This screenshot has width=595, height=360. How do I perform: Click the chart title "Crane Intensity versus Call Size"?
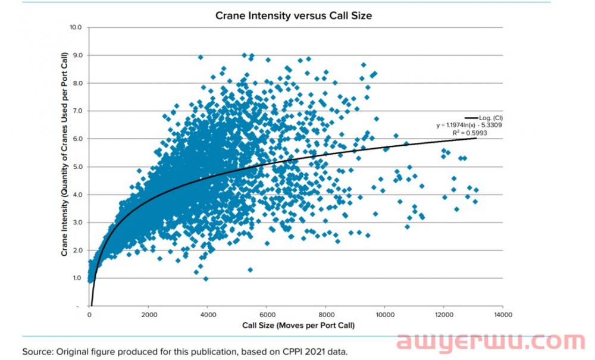click(293, 16)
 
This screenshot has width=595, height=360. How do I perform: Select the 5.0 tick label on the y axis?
click(77, 167)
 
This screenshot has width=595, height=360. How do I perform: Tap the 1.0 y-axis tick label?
click(77, 278)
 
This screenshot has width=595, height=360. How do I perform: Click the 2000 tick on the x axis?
click(149, 315)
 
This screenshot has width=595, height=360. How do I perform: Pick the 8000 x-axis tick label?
click(325, 315)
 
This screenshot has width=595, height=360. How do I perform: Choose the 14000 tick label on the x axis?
click(503, 315)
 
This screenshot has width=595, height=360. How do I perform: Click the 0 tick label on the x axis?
click(89, 315)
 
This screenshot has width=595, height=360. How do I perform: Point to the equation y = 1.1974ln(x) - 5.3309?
click(469, 125)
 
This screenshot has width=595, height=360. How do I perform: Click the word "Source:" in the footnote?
click(38, 352)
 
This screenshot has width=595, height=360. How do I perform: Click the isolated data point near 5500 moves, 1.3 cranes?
click(250, 270)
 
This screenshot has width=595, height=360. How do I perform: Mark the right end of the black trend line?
click(475, 138)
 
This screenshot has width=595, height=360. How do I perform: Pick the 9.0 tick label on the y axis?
click(77, 55)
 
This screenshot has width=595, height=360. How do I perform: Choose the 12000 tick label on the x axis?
click(443, 315)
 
